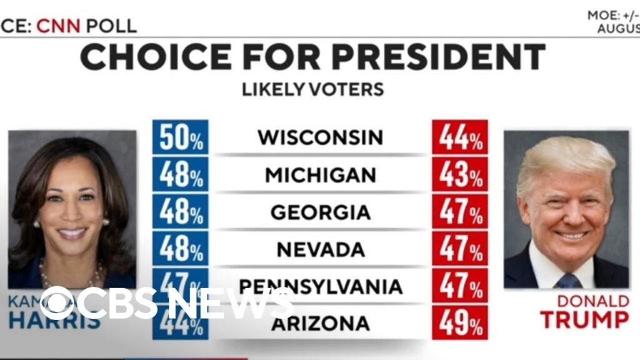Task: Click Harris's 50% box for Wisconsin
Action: (180, 137)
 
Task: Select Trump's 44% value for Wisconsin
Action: (460, 137)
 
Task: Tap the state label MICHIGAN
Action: (320, 175)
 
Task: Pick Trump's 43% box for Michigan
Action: (460, 175)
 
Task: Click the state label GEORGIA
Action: (320, 212)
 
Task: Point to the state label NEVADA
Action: (320, 249)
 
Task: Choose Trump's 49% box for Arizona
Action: (460, 322)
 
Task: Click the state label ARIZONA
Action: (320, 324)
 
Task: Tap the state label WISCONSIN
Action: (320, 137)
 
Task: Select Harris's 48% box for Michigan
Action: (180, 175)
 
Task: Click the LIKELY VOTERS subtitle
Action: (312, 89)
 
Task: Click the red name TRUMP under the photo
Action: (584, 319)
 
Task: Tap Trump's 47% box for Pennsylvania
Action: (460, 286)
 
